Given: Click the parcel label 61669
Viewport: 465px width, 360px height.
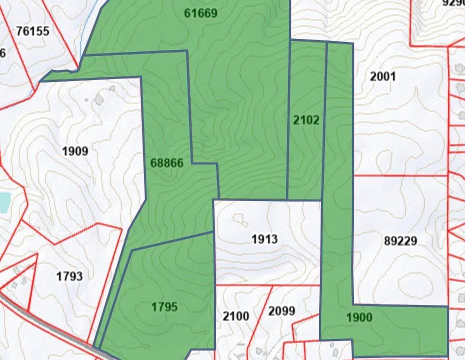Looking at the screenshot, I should [x=200, y=13].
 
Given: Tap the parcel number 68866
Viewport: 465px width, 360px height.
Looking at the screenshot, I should [x=166, y=163].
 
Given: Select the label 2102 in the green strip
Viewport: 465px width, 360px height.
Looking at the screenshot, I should [x=306, y=120].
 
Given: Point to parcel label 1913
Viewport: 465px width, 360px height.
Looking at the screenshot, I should [x=264, y=239].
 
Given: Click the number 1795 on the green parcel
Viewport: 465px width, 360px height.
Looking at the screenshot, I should [x=164, y=307].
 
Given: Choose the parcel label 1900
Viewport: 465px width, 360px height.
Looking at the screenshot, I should [x=359, y=317].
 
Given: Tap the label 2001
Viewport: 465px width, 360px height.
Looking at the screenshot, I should [x=382, y=76].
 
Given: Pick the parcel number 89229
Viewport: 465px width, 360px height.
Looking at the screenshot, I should [x=400, y=241].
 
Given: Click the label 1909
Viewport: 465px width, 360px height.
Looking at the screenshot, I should [x=75, y=151].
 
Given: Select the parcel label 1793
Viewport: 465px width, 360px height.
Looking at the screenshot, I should [x=69, y=276].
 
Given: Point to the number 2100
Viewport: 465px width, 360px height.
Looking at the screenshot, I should [x=235, y=316].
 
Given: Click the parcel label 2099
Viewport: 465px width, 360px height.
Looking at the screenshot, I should [x=281, y=311].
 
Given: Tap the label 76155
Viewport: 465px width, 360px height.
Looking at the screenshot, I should [x=32, y=31].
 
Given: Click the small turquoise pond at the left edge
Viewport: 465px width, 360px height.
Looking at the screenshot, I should [x=4, y=202].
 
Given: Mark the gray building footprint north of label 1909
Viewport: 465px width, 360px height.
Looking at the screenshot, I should [x=99, y=99].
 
